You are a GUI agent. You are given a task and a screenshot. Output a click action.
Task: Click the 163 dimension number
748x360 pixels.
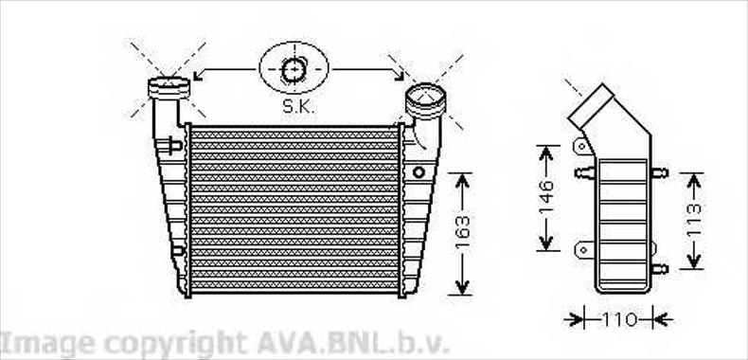462,232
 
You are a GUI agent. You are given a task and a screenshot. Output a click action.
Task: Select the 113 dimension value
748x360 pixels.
695,220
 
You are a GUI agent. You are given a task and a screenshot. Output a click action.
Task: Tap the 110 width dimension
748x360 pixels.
619,320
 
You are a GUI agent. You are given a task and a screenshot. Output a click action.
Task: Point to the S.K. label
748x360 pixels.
298,106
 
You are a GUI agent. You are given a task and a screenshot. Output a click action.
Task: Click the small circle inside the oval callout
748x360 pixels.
294,70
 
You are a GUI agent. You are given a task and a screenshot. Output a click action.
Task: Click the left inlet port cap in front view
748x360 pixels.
169,88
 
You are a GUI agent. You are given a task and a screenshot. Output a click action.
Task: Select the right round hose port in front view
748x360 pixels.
425,100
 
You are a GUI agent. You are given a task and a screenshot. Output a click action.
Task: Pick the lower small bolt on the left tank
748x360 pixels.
178,250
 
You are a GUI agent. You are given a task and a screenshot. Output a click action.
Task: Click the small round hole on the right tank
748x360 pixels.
419,171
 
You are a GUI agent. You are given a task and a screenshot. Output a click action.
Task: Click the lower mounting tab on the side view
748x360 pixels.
584,249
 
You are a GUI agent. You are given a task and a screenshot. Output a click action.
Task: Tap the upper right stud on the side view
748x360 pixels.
659,172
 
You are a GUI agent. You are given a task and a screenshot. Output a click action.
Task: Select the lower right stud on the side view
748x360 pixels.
659,269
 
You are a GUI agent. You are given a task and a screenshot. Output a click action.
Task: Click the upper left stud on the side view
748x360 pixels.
585,172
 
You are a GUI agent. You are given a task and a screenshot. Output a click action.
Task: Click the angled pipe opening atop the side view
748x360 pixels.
591,106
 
